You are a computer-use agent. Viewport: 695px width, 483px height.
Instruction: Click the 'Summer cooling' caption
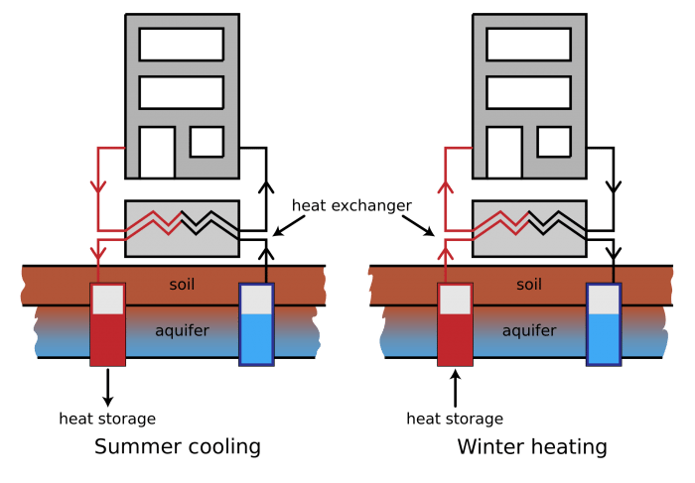coord(178,447)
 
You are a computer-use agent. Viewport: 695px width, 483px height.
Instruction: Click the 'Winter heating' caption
coord(532,447)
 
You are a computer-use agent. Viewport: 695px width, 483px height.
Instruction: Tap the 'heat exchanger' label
coord(351,206)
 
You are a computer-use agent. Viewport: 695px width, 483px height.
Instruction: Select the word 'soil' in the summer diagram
coord(182,285)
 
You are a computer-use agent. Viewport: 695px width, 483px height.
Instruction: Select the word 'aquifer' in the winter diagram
coord(529,330)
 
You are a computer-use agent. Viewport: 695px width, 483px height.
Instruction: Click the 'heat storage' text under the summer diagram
coord(107,419)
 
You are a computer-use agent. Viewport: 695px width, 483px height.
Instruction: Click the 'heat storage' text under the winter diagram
coord(455,419)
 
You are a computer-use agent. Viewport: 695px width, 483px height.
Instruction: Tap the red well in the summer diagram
coord(107,324)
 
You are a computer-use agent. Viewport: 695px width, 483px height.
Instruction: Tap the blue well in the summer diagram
coord(256,324)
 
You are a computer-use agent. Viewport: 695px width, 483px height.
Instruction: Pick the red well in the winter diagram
coord(455,324)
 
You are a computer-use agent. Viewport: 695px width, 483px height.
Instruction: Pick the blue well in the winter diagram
coord(604,324)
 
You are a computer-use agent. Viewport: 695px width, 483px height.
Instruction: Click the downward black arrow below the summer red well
coord(107,388)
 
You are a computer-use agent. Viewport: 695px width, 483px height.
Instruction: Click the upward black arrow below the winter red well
coord(455,388)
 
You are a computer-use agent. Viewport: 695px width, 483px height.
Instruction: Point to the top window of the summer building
coord(182,45)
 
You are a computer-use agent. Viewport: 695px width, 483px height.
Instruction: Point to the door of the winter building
coord(504,153)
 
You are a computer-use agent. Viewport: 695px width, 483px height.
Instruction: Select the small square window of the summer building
coord(207,142)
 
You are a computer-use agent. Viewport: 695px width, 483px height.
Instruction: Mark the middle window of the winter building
coord(528,92)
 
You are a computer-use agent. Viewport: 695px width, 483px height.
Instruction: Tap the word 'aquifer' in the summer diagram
coord(182,330)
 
